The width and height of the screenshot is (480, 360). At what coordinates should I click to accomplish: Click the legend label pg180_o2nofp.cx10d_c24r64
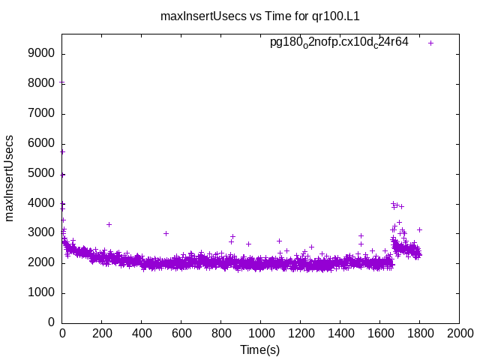point(339,42)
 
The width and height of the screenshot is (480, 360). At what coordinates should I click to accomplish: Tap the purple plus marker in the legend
point(430,43)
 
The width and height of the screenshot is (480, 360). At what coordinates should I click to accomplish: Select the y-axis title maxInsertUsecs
point(10,178)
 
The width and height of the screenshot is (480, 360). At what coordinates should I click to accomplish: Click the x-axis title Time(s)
point(259,349)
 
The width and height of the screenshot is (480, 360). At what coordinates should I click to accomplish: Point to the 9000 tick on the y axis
point(42,54)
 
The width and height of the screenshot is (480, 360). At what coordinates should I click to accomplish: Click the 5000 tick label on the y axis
point(42,173)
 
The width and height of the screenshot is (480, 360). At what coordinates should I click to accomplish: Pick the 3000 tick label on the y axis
point(42,233)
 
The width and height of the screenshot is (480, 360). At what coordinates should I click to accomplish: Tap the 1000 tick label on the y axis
point(42,292)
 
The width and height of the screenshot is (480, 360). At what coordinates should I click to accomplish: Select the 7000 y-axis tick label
point(42,114)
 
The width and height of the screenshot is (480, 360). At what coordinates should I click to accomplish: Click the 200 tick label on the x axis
point(102,334)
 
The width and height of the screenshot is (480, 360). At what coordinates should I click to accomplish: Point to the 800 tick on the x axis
point(221,334)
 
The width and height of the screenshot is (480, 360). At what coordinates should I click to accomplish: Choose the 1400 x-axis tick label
point(340,334)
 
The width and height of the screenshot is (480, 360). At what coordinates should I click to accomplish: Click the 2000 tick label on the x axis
point(459,334)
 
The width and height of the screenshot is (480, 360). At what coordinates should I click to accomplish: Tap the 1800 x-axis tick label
point(419,334)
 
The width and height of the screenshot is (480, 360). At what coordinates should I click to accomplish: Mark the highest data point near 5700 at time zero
point(62,151)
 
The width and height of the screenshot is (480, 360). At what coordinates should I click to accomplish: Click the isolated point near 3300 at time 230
point(109,224)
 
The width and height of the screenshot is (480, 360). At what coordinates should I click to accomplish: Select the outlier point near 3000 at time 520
point(166,233)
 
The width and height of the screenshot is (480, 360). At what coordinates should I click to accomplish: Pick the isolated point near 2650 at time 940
point(248,244)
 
